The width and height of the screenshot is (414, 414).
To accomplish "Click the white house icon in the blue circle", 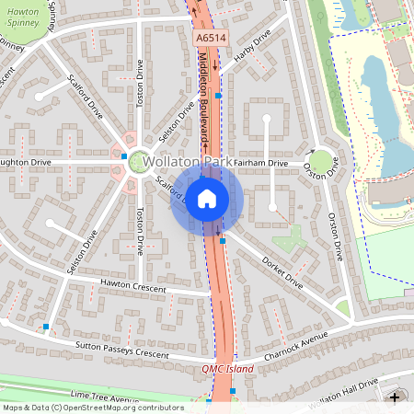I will click(207, 198).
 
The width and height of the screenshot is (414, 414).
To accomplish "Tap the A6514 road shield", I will click(211, 40).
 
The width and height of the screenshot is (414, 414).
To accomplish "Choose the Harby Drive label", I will click(254, 46).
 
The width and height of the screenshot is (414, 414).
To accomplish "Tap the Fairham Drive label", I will click(260, 164).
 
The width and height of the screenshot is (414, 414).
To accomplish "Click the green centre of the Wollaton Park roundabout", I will click(139, 162).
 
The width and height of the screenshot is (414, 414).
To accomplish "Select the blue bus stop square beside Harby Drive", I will click(218, 95).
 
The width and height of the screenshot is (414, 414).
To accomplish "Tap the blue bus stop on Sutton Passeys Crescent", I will click(45, 327).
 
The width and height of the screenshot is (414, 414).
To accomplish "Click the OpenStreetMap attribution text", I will click(92, 407).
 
